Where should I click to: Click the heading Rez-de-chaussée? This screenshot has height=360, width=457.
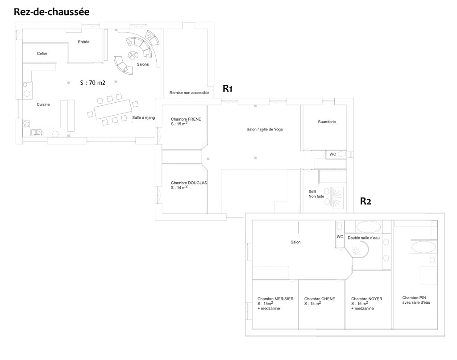click(52, 12)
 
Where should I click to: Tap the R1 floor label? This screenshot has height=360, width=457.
click(227, 88)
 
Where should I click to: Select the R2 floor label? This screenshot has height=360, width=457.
click(366, 201)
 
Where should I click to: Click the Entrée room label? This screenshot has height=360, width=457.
click(83, 42)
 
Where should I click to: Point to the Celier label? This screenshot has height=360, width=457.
click(42, 54)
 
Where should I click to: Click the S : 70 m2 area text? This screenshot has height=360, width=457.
click(93, 83)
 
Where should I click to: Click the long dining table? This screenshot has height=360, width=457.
click(112, 109)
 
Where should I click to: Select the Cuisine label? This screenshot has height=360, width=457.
click(43, 105)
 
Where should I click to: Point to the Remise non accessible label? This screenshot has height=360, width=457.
click(189, 93)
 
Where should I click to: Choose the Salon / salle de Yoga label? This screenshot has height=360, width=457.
click(265, 129)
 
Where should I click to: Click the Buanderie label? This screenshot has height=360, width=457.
click(327, 121)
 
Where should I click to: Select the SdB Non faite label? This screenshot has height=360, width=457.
click(316, 194)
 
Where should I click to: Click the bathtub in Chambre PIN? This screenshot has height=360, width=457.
click(424, 247)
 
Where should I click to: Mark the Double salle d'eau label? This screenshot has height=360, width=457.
click(364, 238)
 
